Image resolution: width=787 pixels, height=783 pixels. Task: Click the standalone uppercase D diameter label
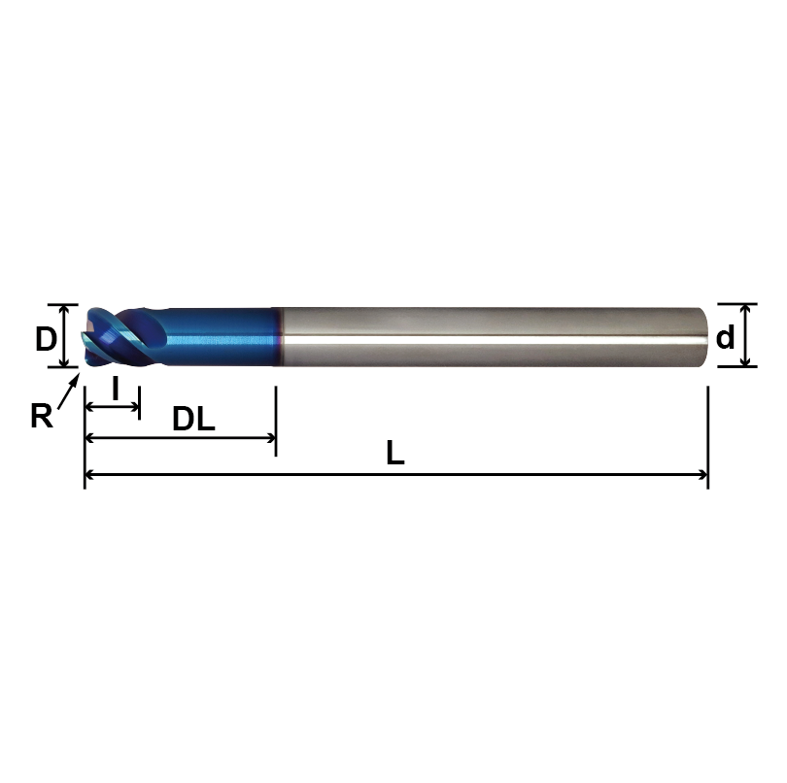[45, 339]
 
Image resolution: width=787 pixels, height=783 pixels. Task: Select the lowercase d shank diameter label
[725, 339]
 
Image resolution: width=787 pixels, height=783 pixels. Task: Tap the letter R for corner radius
[41, 416]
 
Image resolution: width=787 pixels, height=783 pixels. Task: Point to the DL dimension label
[193, 420]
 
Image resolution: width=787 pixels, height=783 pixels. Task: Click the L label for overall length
[394, 454]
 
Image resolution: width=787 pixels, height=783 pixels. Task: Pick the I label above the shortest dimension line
[116, 390]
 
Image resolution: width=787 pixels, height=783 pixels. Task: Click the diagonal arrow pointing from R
[68, 393]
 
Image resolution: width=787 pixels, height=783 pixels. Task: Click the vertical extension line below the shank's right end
[707, 437]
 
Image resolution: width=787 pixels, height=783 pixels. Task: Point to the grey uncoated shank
[486, 337]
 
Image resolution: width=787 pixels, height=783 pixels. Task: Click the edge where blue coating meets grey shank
[279, 337]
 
